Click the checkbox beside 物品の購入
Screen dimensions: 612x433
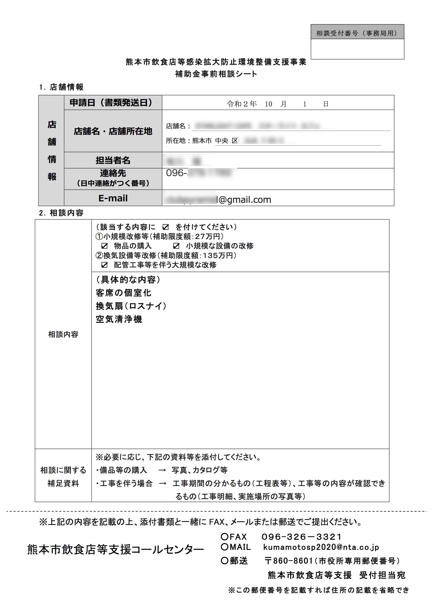[x=105, y=246]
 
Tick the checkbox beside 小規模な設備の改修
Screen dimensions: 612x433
[x=176, y=246]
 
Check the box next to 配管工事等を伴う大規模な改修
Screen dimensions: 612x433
[x=105, y=265]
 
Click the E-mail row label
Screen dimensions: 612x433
[x=113, y=198]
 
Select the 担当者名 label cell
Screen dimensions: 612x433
[x=113, y=160]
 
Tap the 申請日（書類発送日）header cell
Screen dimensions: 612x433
[x=113, y=103]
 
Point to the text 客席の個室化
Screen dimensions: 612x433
[x=123, y=293]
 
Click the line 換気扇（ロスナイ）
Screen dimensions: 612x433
[x=131, y=306]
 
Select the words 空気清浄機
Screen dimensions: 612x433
[x=119, y=319]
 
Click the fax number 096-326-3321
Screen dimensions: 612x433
[x=301, y=537]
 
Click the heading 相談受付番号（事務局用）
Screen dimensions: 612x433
[x=357, y=33]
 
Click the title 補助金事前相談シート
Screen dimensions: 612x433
[x=216, y=74]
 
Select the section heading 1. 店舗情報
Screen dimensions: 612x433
[x=61, y=87]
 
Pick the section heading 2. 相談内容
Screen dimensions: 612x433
[x=61, y=213]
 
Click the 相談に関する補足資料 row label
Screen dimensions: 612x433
[x=63, y=476]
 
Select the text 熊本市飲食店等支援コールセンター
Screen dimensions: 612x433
[x=115, y=550]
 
